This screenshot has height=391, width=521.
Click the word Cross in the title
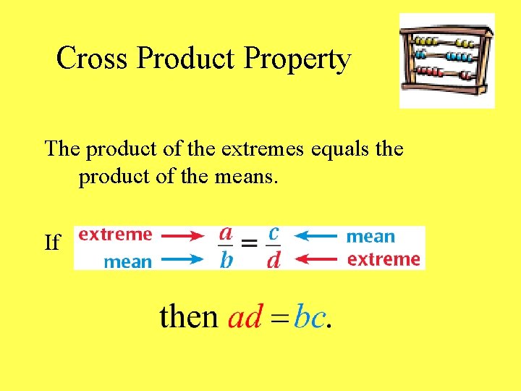92,59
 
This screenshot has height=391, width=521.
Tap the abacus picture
446,61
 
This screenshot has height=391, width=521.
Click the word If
53,243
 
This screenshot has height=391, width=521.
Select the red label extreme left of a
115,234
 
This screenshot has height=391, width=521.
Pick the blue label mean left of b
128,261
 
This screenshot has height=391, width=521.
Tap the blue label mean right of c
370,236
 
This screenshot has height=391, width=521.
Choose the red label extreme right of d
384,259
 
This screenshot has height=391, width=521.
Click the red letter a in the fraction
226,233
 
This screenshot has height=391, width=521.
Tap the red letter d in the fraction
273,260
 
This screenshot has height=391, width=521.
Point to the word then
188,317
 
